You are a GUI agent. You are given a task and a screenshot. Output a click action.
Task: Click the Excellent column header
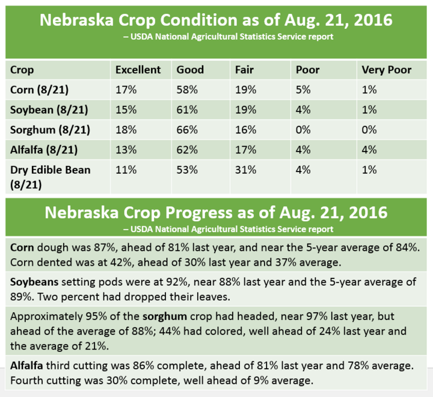click(138, 70)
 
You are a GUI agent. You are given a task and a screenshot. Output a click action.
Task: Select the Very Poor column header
click(386, 70)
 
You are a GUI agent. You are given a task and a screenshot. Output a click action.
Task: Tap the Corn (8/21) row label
click(40, 90)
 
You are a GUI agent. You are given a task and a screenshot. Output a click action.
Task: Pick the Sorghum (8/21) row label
click(51, 130)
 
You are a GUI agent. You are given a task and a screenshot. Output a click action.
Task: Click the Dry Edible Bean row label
click(51, 177)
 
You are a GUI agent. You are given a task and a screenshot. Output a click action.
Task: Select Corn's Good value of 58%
click(187, 90)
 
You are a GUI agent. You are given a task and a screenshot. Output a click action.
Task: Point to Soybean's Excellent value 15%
click(126, 109)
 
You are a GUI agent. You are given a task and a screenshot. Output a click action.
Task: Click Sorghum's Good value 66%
click(187, 130)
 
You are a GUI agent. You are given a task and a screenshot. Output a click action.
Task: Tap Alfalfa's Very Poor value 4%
click(369, 150)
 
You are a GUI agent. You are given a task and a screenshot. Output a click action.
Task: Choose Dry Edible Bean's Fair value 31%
click(245, 170)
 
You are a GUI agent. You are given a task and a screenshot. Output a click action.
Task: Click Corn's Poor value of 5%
click(303, 90)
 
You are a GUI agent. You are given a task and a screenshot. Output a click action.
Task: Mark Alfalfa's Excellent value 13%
click(126, 150)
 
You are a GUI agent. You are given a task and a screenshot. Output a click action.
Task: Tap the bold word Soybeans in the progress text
click(34, 282)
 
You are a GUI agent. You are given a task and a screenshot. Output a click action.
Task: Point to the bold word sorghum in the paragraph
click(165, 316)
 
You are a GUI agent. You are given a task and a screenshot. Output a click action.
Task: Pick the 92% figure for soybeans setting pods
click(177, 282)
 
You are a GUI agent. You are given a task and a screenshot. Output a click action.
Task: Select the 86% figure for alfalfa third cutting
click(143, 366)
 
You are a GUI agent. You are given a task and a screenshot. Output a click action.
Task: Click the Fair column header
click(244, 70)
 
